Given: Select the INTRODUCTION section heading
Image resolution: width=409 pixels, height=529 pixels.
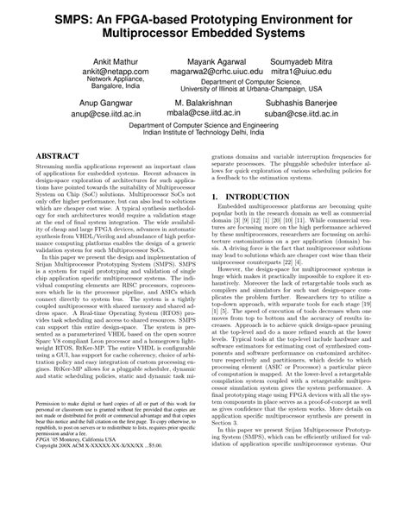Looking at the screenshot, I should click(271, 221).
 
